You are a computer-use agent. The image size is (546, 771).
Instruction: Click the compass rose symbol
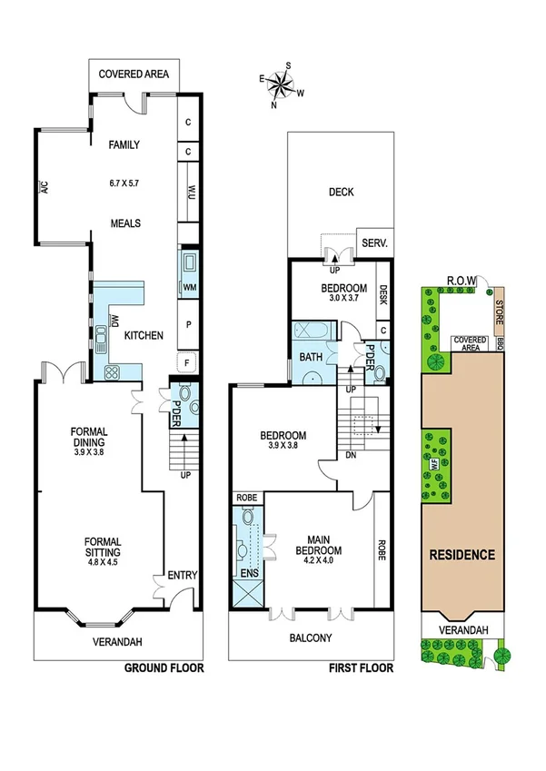point(282,84)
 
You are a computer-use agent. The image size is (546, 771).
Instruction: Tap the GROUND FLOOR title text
point(164,668)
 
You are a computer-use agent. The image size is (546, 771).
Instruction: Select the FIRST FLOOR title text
point(360,668)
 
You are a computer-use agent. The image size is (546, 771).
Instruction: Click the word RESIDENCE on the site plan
point(462,555)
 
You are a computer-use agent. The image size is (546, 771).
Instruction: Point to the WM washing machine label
point(190,288)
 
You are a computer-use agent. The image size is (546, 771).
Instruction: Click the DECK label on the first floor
point(342,192)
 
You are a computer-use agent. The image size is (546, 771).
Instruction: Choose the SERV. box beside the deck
point(375,243)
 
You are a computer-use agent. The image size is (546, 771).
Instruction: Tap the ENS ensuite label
point(247,573)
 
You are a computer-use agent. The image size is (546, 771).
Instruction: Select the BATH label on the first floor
point(311,357)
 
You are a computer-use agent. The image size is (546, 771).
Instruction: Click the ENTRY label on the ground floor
point(182,575)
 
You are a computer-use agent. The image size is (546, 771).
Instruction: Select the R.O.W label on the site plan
point(462,281)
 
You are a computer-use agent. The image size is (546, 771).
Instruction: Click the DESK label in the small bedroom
point(383,294)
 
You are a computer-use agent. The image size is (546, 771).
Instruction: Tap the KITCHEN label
point(144,336)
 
